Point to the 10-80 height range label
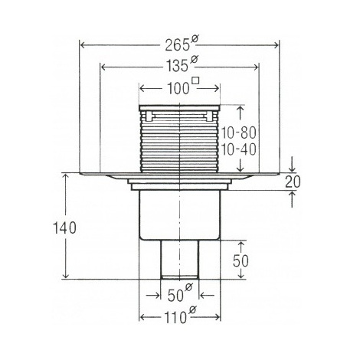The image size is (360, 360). (238, 133)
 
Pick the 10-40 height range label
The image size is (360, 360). (238, 149)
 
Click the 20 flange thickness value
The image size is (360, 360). (293, 182)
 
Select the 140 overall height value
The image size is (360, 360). (64, 227)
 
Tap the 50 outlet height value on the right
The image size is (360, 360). (241, 261)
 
